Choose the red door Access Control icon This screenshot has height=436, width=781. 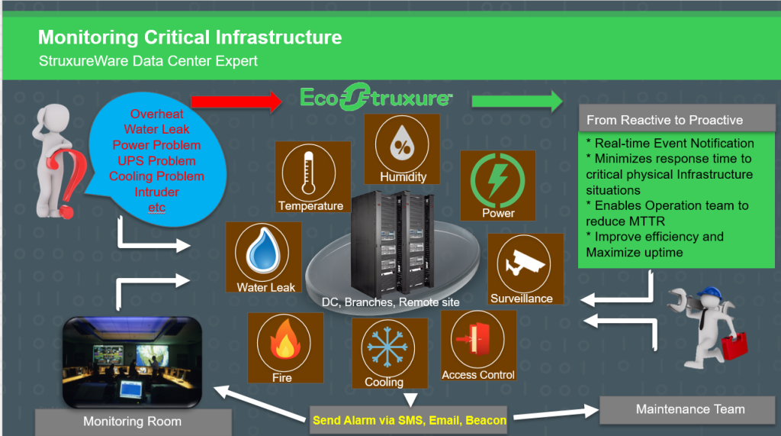point(477,341)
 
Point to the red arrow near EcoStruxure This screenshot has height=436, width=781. point(236,100)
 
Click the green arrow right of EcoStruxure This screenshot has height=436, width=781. point(516,101)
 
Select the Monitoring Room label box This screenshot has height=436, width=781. point(133,421)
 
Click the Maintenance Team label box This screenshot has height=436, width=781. point(690,409)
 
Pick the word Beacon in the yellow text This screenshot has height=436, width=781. point(485,419)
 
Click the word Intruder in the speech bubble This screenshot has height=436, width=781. point(156,192)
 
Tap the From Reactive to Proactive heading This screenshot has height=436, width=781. point(664,120)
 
